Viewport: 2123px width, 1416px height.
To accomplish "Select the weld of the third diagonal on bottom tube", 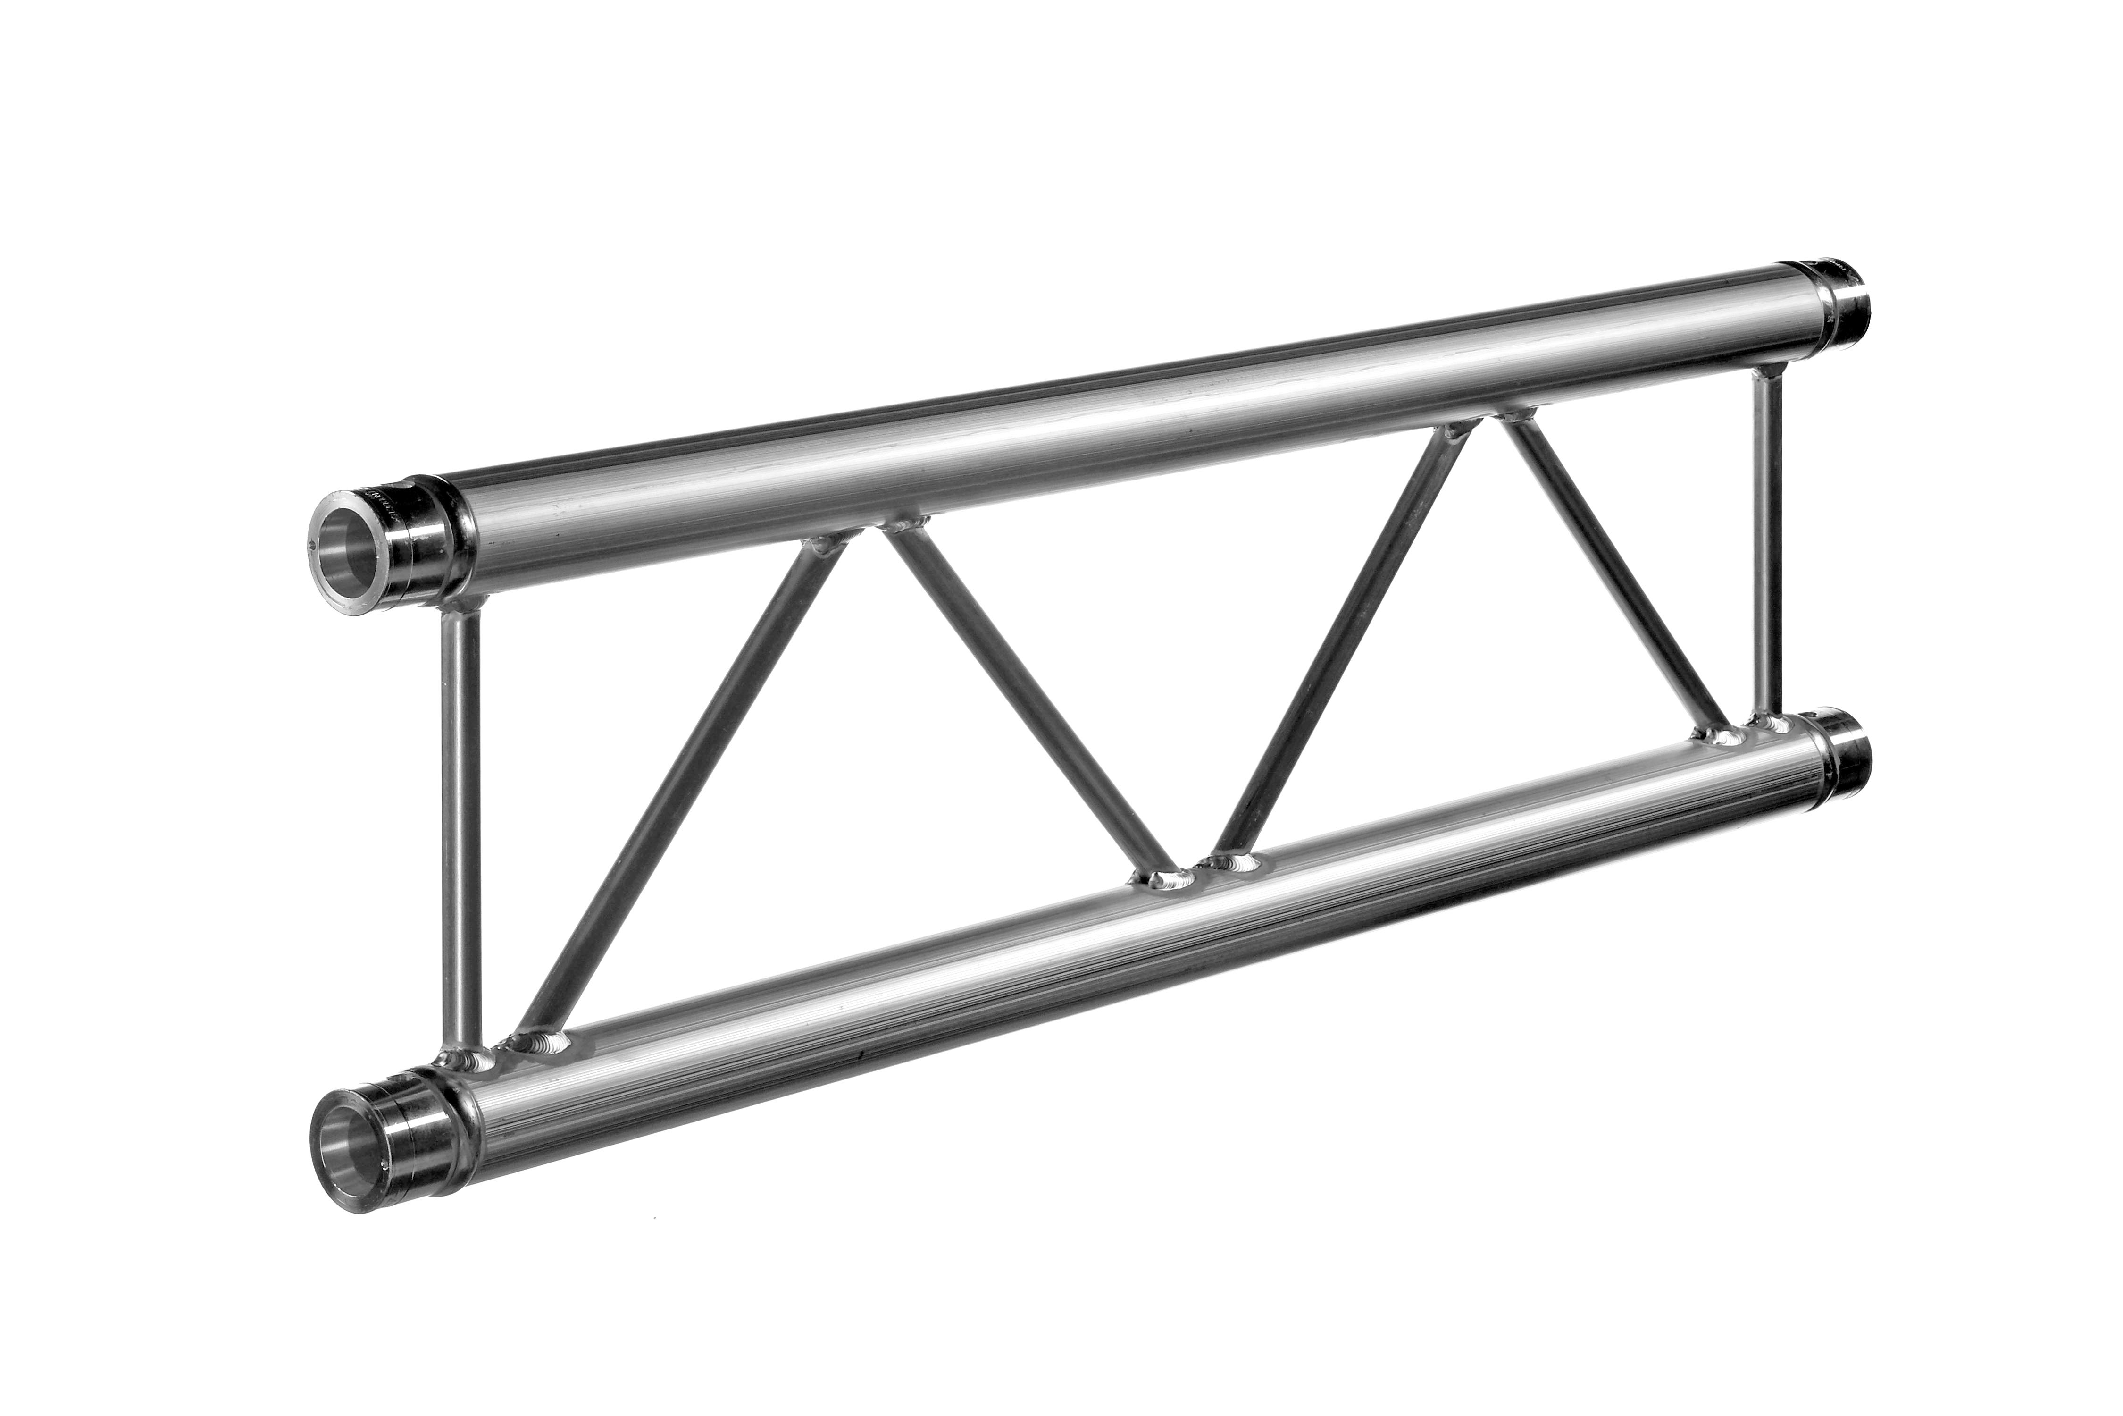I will click(1232, 862).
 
